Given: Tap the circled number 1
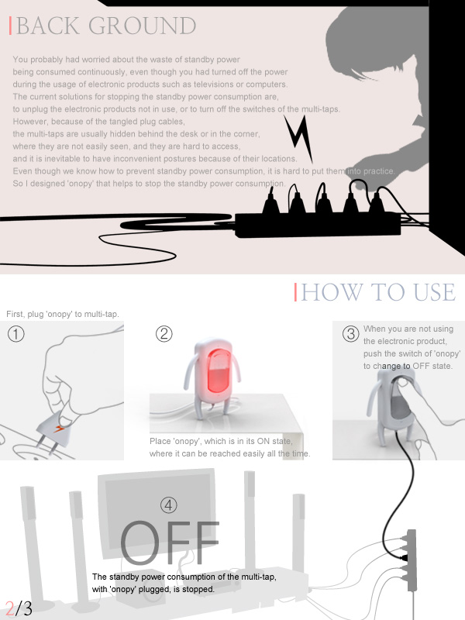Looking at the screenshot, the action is click(x=15, y=334).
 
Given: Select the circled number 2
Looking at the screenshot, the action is click(x=164, y=334).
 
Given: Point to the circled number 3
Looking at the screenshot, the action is click(x=350, y=334).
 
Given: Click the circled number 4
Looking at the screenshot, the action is click(x=168, y=505).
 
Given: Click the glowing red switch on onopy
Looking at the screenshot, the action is click(x=219, y=370).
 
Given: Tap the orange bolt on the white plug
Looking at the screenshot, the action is click(x=60, y=429).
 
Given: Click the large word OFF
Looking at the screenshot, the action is click(x=170, y=542).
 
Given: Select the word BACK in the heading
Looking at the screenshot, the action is click(x=47, y=26).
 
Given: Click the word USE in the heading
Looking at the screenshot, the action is click(x=435, y=293).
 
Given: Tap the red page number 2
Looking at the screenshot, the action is click(x=10, y=608).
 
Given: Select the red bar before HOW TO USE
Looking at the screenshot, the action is click(x=295, y=292).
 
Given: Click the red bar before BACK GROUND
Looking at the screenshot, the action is click(x=10, y=26).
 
